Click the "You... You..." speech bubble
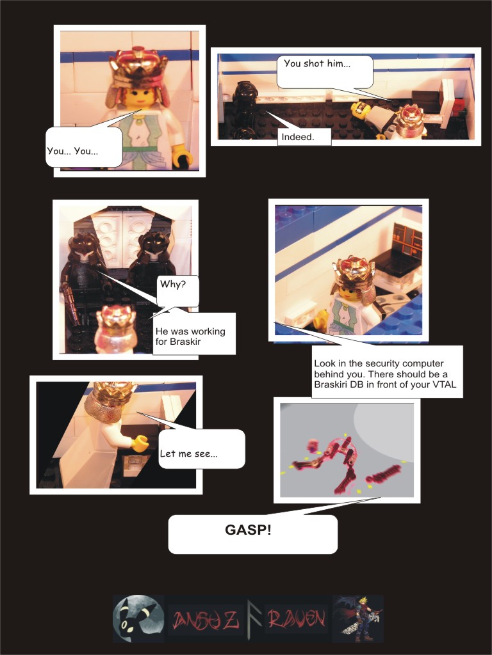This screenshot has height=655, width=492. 84,147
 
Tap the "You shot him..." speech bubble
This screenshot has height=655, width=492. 325,72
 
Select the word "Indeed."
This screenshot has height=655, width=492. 298,137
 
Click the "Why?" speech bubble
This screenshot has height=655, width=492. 178,291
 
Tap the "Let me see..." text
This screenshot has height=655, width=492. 189,454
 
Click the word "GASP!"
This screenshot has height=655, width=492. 248,530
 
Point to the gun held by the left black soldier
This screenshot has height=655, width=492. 70,304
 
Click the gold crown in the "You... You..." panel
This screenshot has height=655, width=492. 138,67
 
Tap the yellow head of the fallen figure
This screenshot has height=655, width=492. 359,107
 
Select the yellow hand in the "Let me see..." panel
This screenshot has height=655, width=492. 140,443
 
